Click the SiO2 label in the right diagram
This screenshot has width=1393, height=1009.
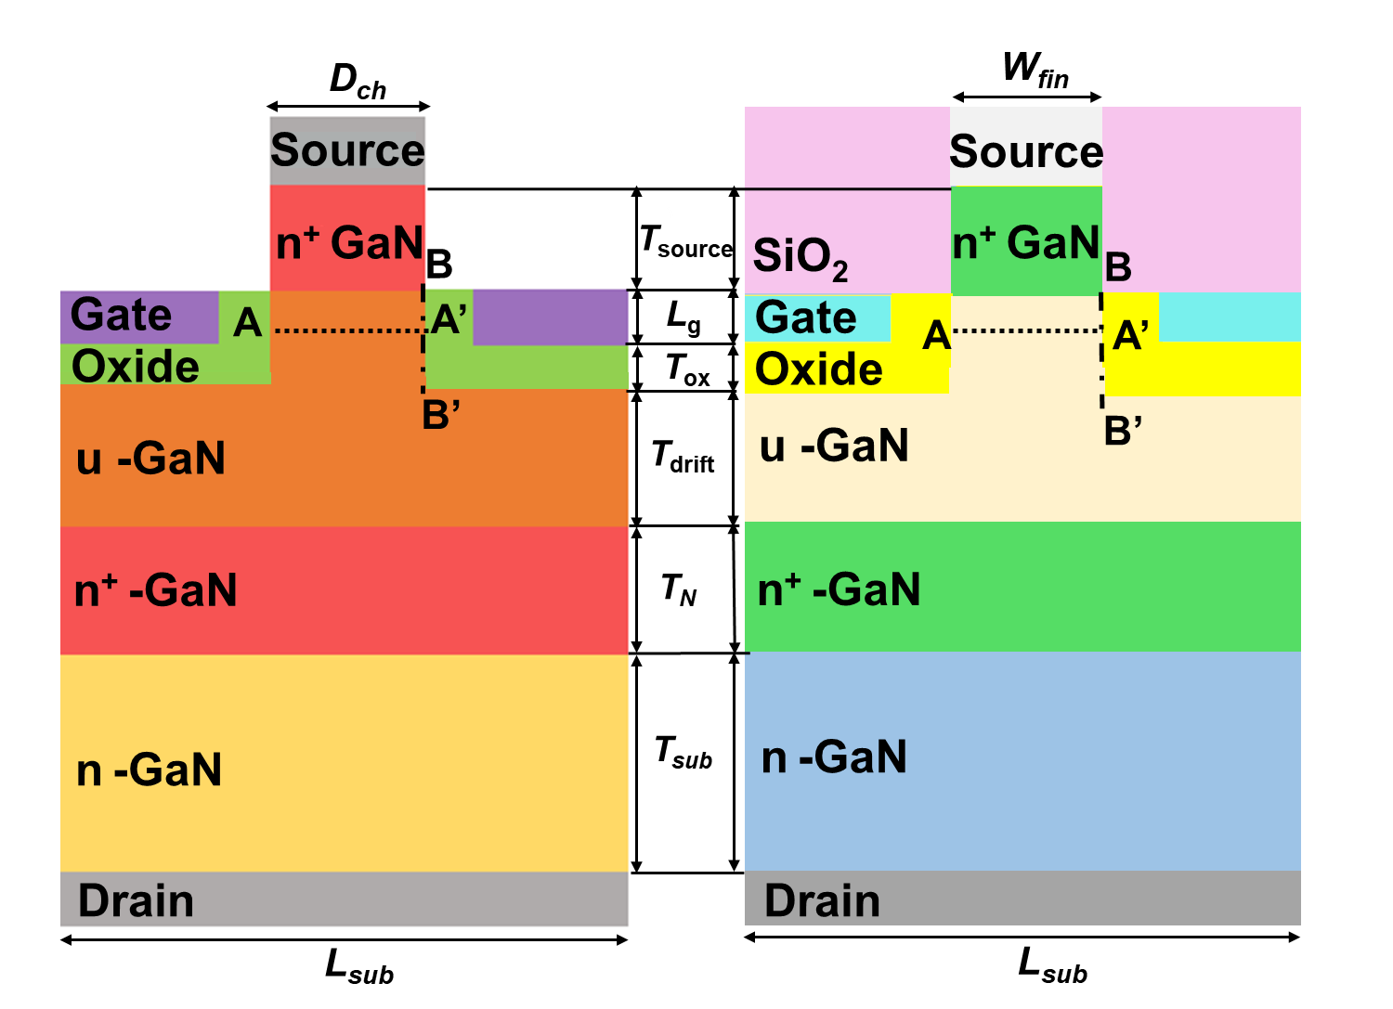(x=800, y=257)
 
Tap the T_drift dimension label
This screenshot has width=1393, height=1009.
(x=683, y=458)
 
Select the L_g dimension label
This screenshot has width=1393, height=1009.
(x=683, y=318)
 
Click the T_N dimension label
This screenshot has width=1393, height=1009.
(x=679, y=589)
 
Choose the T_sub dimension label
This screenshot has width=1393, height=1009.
(x=684, y=753)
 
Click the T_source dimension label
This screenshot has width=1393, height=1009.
(x=686, y=243)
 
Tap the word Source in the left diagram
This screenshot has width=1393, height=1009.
(x=347, y=150)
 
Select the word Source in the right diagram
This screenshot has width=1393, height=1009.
(x=1026, y=151)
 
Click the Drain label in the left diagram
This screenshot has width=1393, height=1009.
(x=136, y=901)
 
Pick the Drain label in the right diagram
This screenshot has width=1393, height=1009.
(x=822, y=901)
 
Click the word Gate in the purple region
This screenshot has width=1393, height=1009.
(x=122, y=316)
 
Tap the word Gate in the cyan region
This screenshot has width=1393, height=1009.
(x=806, y=317)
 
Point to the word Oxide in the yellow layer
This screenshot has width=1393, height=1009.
(x=818, y=369)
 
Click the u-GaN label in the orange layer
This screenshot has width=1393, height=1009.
(x=150, y=459)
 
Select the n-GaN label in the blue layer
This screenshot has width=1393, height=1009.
(x=834, y=757)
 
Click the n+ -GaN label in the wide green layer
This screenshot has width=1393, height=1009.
(x=839, y=590)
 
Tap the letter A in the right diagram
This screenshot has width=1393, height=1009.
(x=936, y=335)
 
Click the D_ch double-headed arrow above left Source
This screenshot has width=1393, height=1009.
(x=347, y=106)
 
